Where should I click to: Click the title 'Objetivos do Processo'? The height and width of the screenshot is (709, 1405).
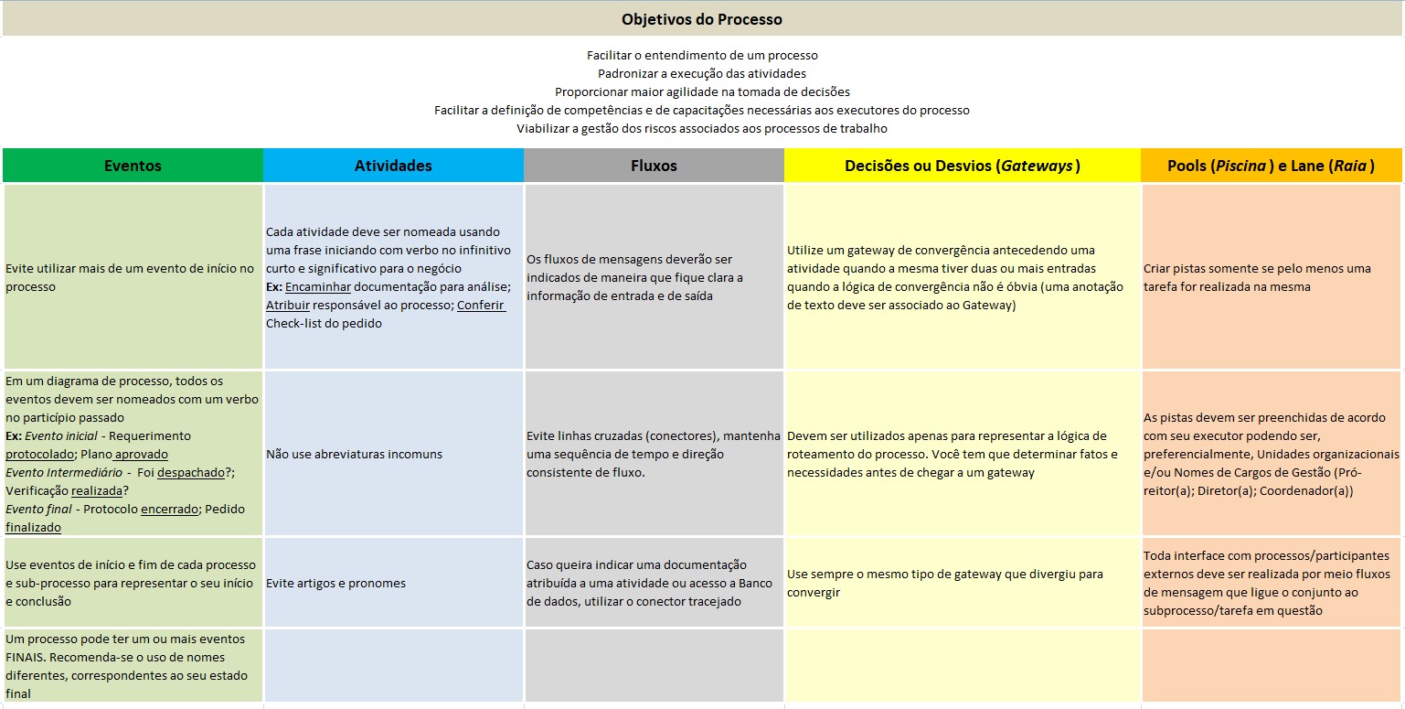[x=701, y=19]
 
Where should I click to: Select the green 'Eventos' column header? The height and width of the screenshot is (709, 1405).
[x=133, y=166]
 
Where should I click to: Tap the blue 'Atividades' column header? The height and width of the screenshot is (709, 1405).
[x=393, y=166]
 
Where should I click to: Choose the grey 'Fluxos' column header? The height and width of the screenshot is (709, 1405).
[x=654, y=166]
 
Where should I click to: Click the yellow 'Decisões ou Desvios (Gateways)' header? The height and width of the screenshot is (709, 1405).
[x=962, y=166]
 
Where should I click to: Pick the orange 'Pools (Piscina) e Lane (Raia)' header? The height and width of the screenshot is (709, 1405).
[x=1271, y=166]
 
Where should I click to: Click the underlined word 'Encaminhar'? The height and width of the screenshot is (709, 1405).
[x=317, y=286]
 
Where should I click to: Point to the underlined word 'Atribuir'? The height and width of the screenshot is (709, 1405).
[x=288, y=305]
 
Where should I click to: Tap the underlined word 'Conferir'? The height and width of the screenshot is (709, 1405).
[x=481, y=305]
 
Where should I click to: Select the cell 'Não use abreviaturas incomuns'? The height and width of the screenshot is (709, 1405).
[x=354, y=454]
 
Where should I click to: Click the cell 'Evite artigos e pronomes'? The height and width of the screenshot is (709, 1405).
[x=335, y=583]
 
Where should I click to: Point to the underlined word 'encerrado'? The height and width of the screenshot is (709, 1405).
[x=169, y=509]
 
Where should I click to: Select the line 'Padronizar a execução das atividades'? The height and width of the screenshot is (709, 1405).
[x=701, y=73]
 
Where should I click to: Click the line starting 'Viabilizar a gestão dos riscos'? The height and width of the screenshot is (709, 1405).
[x=701, y=128]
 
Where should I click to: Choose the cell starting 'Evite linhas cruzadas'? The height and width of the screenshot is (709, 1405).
[x=653, y=454]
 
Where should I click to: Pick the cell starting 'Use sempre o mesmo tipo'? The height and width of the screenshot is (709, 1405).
[x=944, y=583]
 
